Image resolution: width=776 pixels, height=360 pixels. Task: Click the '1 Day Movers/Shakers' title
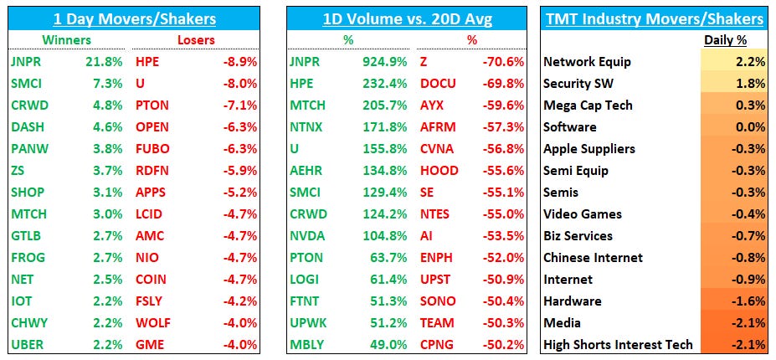coord(134,18)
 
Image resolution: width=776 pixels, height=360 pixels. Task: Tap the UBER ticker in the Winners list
coord(27,344)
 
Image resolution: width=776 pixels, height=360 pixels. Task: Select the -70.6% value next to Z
coord(506,61)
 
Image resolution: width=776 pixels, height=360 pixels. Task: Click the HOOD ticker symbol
coord(439,170)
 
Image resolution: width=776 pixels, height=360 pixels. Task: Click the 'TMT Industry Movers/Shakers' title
coord(655,18)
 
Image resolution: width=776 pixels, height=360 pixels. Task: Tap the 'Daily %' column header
coord(724,39)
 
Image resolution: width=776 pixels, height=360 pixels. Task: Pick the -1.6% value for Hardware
coord(748,301)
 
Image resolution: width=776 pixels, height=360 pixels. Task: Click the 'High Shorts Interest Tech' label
coord(618,344)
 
